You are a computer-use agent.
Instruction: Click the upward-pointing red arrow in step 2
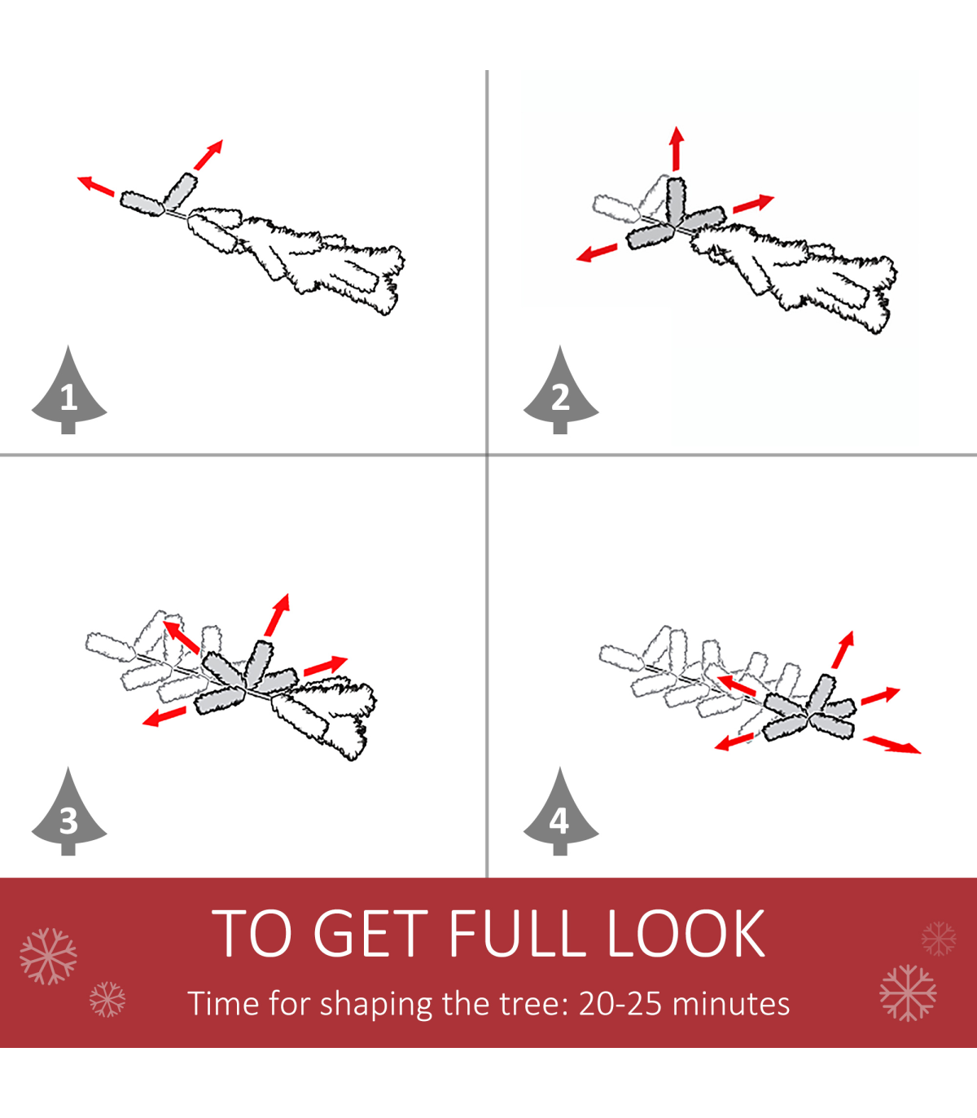[x=677, y=148]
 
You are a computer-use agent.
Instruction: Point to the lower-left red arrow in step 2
[x=597, y=253]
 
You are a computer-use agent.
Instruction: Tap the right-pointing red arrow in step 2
[x=754, y=203]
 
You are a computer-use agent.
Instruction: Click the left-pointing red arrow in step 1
[x=96, y=185]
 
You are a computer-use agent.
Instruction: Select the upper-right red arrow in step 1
[x=208, y=155]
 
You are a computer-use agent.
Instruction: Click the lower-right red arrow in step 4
[x=892, y=745]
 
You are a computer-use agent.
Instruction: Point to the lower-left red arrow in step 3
[x=164, y=716]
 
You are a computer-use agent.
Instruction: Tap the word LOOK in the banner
[x=686, y=933]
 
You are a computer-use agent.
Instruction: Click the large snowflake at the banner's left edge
[x=48, y=957]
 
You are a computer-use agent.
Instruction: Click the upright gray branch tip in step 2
[x=677, y=201]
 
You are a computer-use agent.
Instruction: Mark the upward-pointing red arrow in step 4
[x=843, y=649]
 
